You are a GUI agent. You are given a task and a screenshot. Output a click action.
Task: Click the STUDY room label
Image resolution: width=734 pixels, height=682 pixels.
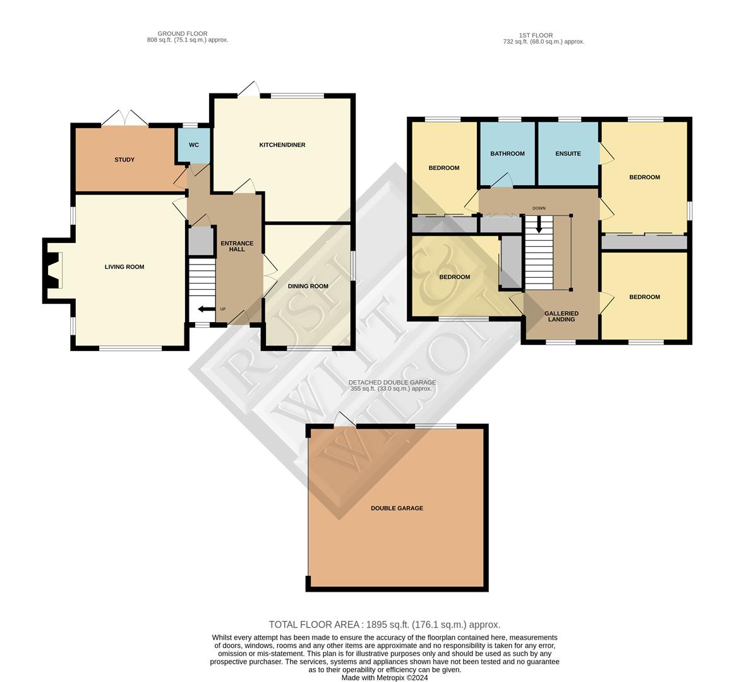point(124,160)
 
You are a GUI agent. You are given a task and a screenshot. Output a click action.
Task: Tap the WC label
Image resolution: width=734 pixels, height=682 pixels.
point(194,145)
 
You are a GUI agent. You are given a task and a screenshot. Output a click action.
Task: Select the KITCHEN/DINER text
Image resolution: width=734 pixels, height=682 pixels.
point(282,145)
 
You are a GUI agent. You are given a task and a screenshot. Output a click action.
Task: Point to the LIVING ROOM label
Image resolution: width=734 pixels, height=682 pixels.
point(124,267)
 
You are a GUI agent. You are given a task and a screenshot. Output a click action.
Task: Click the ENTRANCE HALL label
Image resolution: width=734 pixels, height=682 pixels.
point(237,246)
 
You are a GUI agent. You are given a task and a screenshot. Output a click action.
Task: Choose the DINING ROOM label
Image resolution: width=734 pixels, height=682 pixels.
point(308,286)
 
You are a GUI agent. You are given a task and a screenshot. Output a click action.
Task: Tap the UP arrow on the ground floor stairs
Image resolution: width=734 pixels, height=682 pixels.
point(205,309)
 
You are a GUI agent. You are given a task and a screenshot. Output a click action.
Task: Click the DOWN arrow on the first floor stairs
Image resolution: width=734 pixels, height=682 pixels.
point(538,224)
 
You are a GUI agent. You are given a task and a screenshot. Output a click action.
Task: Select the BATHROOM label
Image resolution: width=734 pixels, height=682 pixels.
point(507,153)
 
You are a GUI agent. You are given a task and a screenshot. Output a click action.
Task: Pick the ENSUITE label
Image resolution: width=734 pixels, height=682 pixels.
point(568,153)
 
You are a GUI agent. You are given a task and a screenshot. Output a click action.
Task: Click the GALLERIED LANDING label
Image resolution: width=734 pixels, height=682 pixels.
point(561,316)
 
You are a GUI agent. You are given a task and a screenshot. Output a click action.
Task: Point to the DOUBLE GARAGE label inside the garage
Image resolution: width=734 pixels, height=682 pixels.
point(397,508)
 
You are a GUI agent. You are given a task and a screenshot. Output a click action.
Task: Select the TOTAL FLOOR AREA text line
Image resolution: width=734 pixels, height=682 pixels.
point(384,625)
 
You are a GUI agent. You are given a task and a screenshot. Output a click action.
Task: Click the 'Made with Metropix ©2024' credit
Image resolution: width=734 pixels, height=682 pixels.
point(385,678)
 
